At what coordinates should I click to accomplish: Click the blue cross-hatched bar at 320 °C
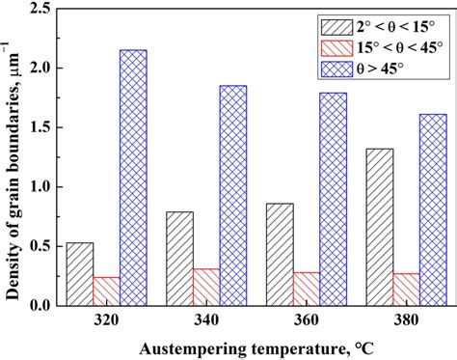click(x=133, y=178)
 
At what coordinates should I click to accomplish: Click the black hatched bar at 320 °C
click(x=80, y=274)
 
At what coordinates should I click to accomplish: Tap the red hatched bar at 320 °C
click(x=106, y=291)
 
